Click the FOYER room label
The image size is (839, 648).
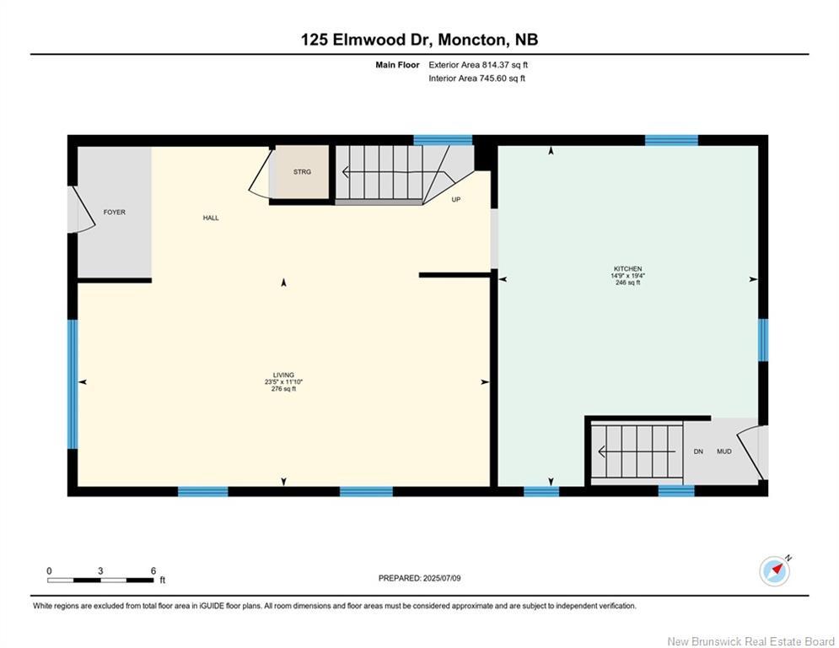coord(115,212)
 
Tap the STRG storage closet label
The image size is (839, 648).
coord(302,172)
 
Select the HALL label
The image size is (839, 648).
coord(211,218)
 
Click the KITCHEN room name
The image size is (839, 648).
coord(627,269)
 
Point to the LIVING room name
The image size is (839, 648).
coord(283,375)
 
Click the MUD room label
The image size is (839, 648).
coord(724,451)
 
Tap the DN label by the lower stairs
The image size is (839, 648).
coord(698,451)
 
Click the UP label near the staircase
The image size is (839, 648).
coord(456,199)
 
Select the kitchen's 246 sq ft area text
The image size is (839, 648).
coord(627,283)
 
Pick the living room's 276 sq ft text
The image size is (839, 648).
coord(283,389)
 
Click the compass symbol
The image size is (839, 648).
coord(775,571)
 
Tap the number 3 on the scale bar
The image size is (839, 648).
coord(100,571)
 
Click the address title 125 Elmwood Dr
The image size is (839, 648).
coord(368,40)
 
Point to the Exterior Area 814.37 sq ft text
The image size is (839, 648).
coord(478,65)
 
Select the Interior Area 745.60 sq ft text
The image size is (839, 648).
coord(476,78)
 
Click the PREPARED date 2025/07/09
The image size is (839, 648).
coord(442,578)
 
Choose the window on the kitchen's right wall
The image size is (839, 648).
coord(764,340)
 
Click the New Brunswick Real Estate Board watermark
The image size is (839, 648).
coord(751,641)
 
